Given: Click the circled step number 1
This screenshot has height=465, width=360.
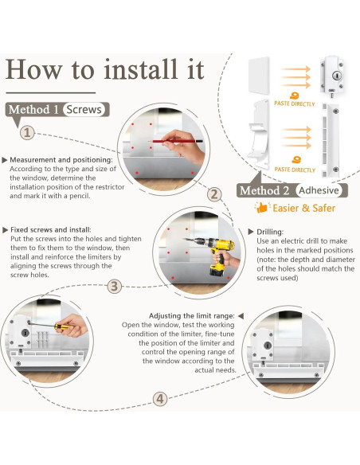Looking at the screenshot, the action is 27,132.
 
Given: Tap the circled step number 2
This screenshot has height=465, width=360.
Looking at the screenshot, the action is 214,194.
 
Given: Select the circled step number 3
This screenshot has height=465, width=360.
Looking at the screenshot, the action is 114,287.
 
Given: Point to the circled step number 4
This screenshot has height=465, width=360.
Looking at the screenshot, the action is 160,399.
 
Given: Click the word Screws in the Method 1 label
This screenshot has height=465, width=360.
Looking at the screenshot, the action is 84,109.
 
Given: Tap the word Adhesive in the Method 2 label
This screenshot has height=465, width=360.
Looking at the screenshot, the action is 319,190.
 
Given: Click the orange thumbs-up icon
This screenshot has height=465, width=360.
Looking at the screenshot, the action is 261,208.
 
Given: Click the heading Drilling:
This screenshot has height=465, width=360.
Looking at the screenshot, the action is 270,232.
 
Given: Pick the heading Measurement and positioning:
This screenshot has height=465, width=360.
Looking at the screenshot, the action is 61,160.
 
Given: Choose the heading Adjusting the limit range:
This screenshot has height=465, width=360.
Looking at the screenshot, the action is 192,316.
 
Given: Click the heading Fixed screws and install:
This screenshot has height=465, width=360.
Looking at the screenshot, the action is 51,230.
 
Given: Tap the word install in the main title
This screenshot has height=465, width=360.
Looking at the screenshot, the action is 141,70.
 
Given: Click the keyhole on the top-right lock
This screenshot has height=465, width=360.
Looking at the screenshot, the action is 337,76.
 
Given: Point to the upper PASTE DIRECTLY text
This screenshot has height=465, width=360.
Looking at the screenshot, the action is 295,104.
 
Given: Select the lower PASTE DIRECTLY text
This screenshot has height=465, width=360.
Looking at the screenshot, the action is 295,170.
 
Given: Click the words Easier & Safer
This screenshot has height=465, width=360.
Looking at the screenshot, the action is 304,208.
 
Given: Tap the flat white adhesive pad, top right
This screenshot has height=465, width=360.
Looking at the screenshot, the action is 259,76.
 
